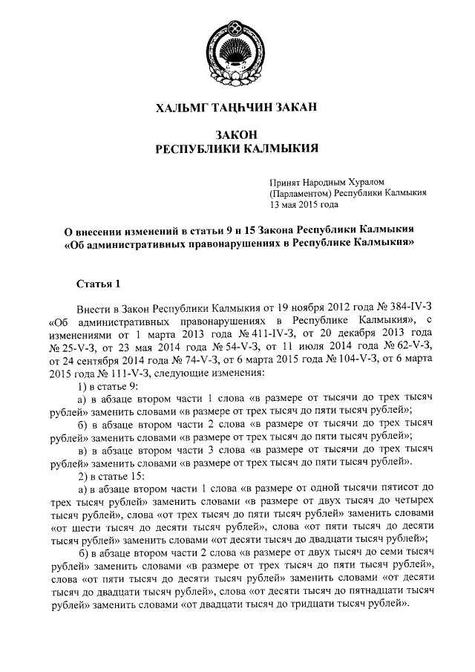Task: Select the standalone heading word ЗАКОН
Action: (237, 134)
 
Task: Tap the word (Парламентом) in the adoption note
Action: (301, 192)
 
